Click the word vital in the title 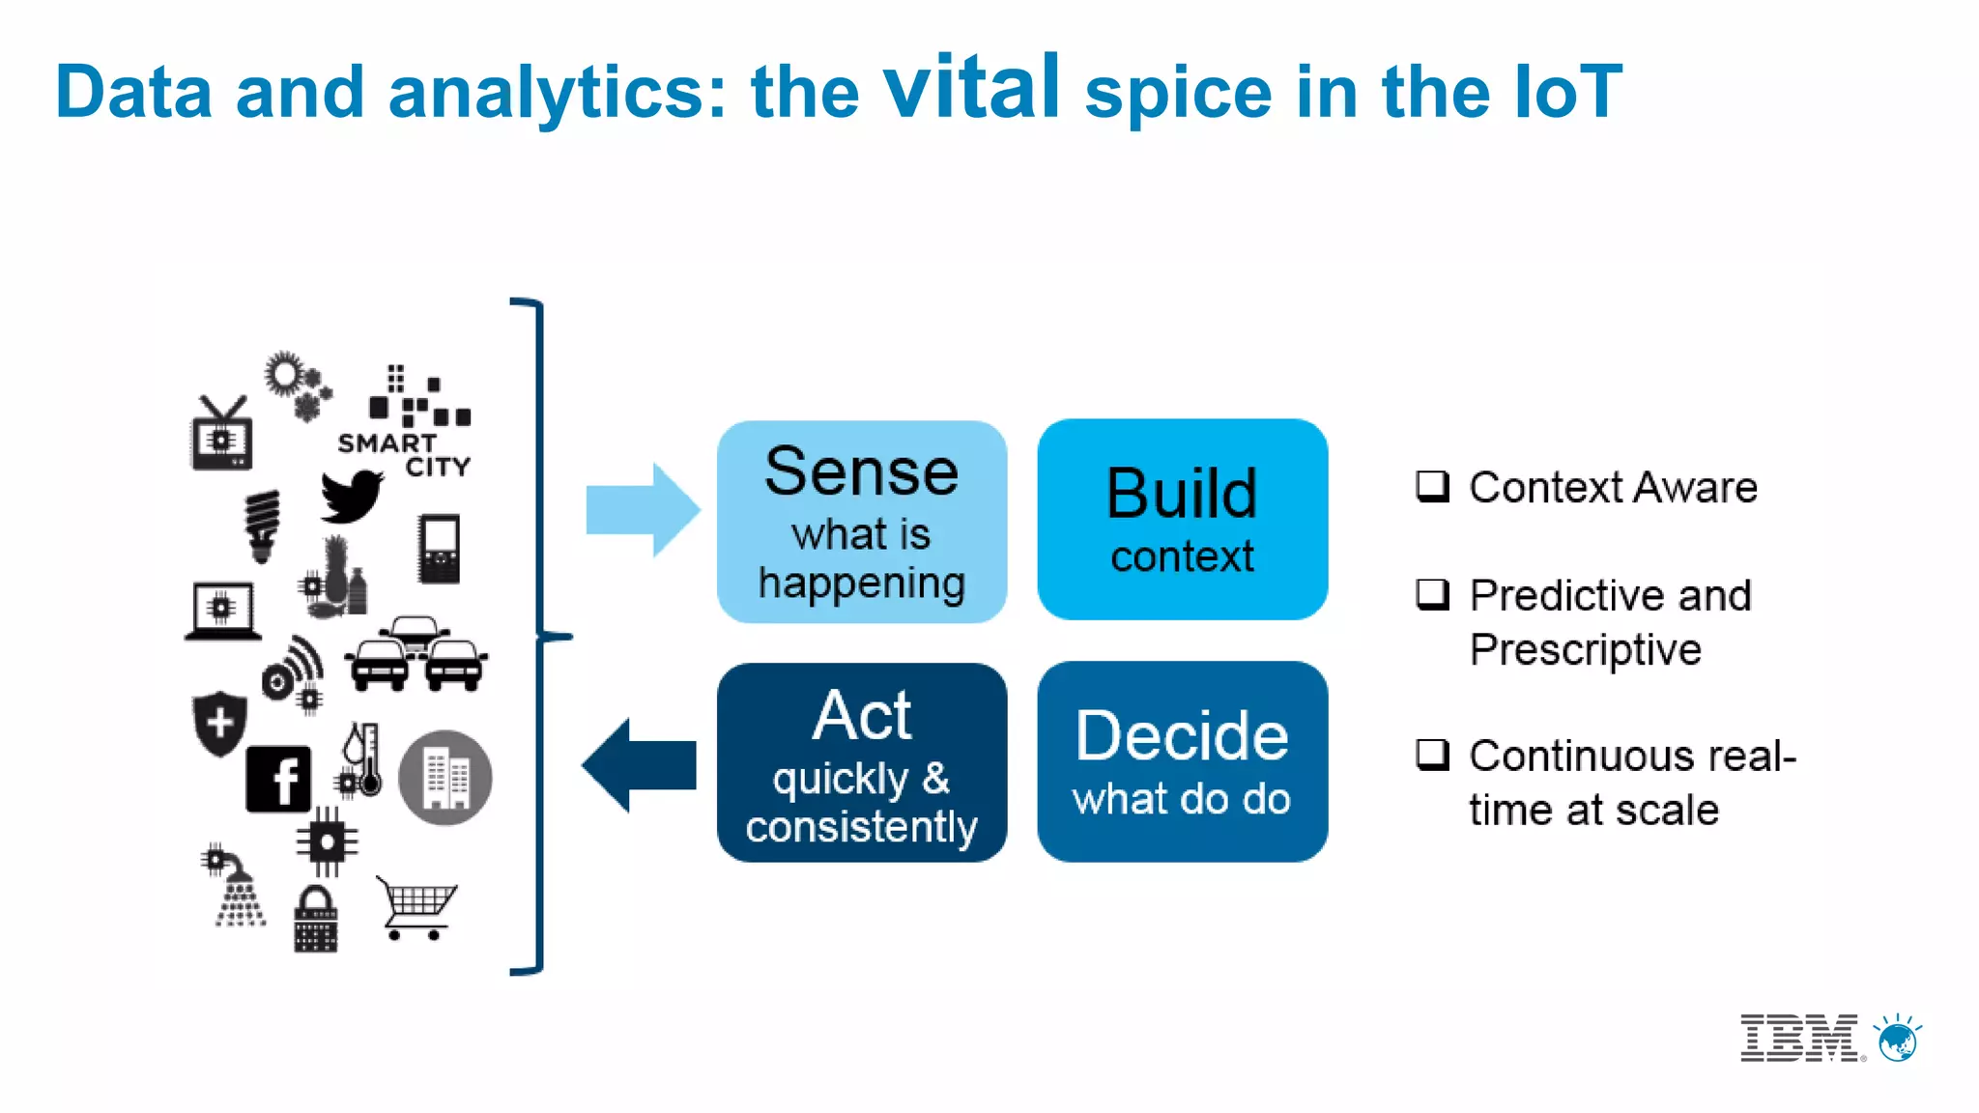(972, 88)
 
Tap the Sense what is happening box (861, 522)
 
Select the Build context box (1182, 520)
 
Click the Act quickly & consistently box (861, 763)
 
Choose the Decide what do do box (1182, 762)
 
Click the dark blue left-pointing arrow (639, 765)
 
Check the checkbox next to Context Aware (1432, 486)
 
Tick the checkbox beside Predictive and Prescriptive (1432, 594)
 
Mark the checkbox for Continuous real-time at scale (1432, 755)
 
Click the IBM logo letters (1799, 1039)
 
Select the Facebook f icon (278, 779)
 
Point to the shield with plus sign (219, 723)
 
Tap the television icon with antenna (222, 435)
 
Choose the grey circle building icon (445, 778)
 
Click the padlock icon (315, 921)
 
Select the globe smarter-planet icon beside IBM (1898, 1040)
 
